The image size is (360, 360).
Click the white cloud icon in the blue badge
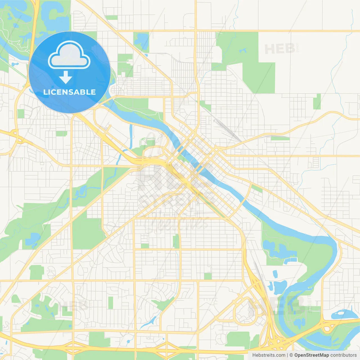(x=69, y=55)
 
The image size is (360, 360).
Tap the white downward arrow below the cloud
(x=66, y=77)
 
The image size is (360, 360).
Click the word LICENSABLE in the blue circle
(x=69, y=92)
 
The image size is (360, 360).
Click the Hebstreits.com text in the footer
(x=269, y=355)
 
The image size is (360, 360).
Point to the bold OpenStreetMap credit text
(x=311, y=355)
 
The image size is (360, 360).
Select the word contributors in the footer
(x=343, y=355)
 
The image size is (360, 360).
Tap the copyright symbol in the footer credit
(x=291, y=355)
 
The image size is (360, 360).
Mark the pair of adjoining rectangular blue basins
(x=290, y=260)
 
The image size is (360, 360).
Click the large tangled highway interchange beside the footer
(x=277, y=342)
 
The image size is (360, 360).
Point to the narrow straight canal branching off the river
(x=131, y=136)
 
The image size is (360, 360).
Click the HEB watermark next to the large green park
(x=280, y=49)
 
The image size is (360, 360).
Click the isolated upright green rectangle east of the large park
(x=317, y=102)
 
